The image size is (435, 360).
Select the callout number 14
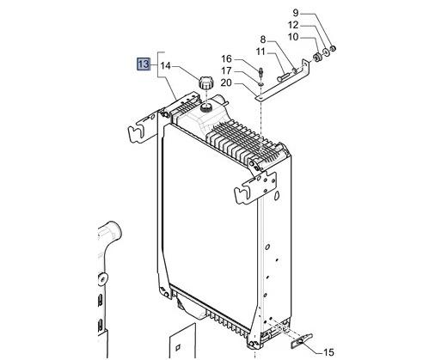(x=165, y=64)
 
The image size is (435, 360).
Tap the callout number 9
(x=296, y=13)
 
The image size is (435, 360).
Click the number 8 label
(x=264, y=40)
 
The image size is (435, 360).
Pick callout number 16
(x=228, y=58)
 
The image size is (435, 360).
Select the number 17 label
(x=228, y=70)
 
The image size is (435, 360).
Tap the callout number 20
(x=228, y=82)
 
